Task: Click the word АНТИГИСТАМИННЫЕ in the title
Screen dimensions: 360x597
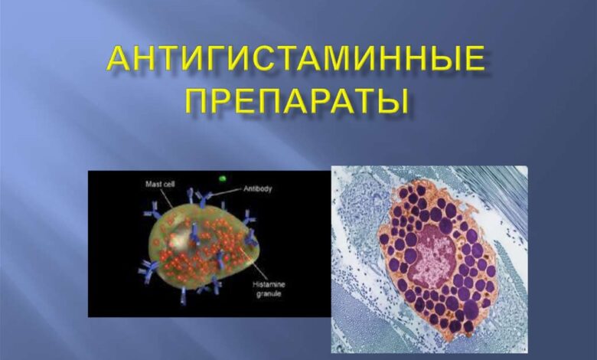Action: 295,59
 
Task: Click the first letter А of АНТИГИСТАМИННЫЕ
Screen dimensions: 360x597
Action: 120,60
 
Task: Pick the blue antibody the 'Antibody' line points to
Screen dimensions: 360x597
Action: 202,200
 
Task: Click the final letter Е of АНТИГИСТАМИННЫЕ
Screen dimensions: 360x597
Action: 472,60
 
